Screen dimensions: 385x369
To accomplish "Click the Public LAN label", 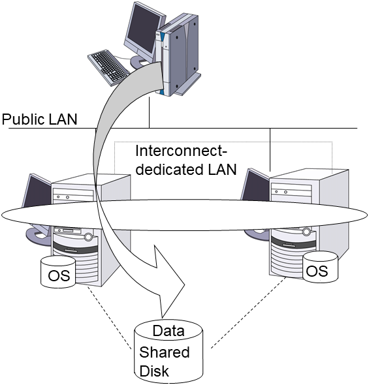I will [x=39, y=119].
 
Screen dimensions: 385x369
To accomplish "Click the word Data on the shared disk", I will [x=168, y=331].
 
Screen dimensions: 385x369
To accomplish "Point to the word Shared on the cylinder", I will [x=164, y=352].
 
